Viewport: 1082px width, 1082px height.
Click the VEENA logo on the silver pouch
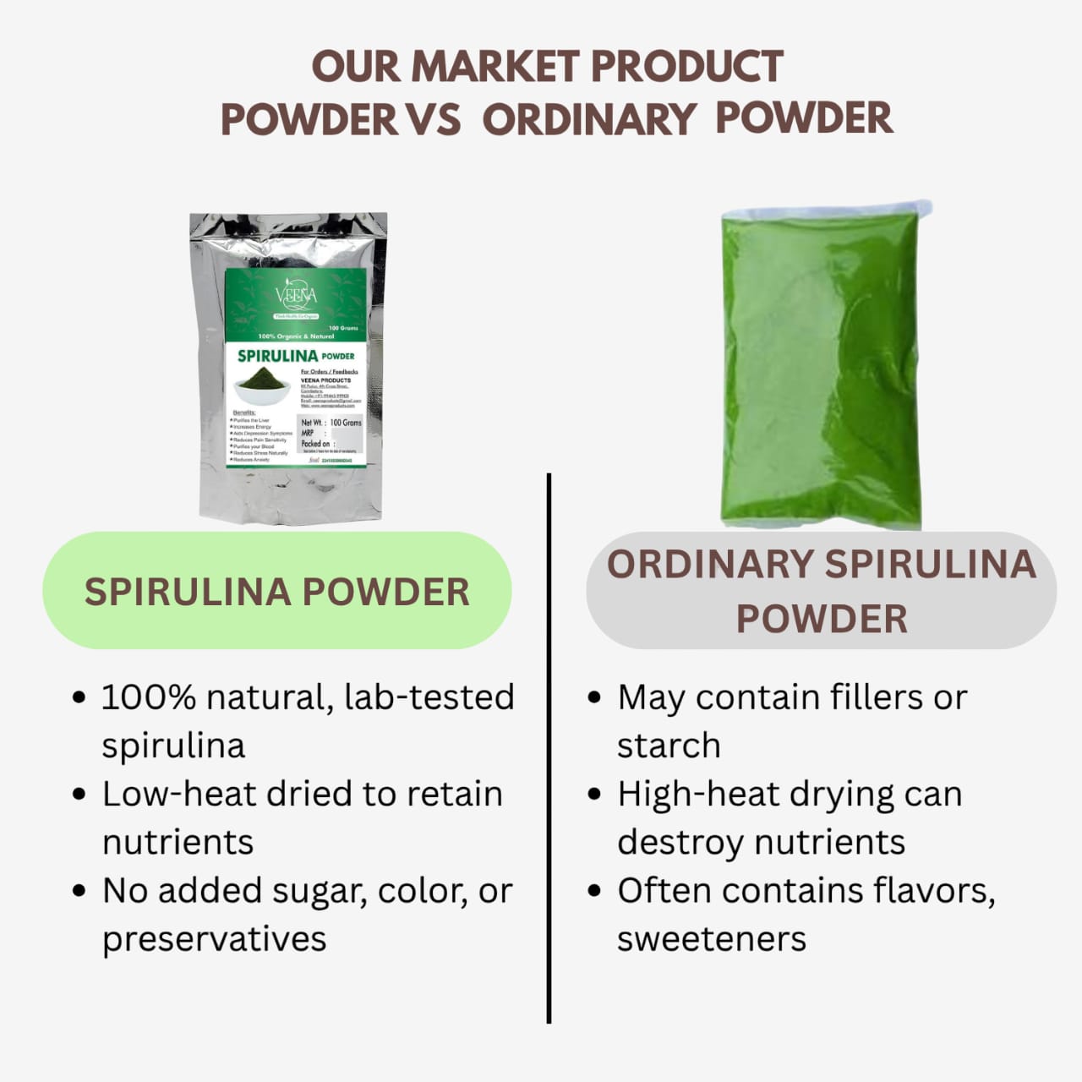tap(295, 295)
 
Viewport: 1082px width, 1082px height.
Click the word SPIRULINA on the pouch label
tap(277, 356)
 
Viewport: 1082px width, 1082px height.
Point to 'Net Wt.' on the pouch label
tap(311, 422)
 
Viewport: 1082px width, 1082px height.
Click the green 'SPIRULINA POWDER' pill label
tap(277, 592)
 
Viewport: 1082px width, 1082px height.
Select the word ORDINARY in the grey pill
tap(709, 565)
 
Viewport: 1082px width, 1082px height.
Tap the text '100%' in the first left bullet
tap(149, 698)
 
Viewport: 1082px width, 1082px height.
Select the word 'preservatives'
tap(214, 939)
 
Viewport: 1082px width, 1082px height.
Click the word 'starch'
tap(669, 746)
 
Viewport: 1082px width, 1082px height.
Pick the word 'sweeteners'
tap(711, 939)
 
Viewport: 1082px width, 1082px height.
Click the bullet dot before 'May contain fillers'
tap(594, 699)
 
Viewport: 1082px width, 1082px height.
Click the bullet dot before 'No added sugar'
tap(79, 891)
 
